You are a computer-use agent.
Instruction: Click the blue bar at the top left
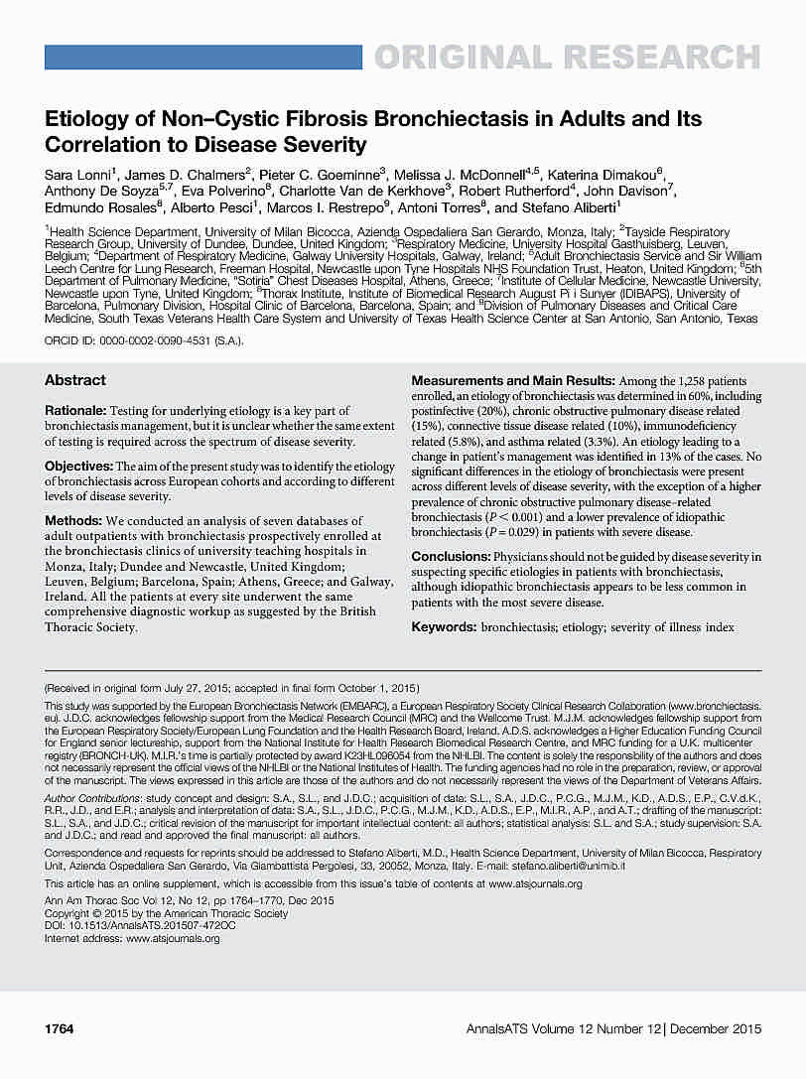(x=202, y=58)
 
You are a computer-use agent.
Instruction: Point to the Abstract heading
(x=75, y=380)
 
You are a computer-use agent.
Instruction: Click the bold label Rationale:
(x=75, y=411)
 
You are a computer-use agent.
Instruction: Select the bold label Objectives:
(x=78, y=466)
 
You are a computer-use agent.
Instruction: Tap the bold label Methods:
(x=72, y=521)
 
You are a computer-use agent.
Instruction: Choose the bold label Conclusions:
(x=451, y=557)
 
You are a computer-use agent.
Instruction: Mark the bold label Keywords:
(x=443, y=627)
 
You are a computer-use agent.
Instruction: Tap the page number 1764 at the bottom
(x=60, y=1029)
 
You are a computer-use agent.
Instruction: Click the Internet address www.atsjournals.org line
(x=132, y=938)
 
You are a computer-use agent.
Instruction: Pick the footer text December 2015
(x=715, y=1029)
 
